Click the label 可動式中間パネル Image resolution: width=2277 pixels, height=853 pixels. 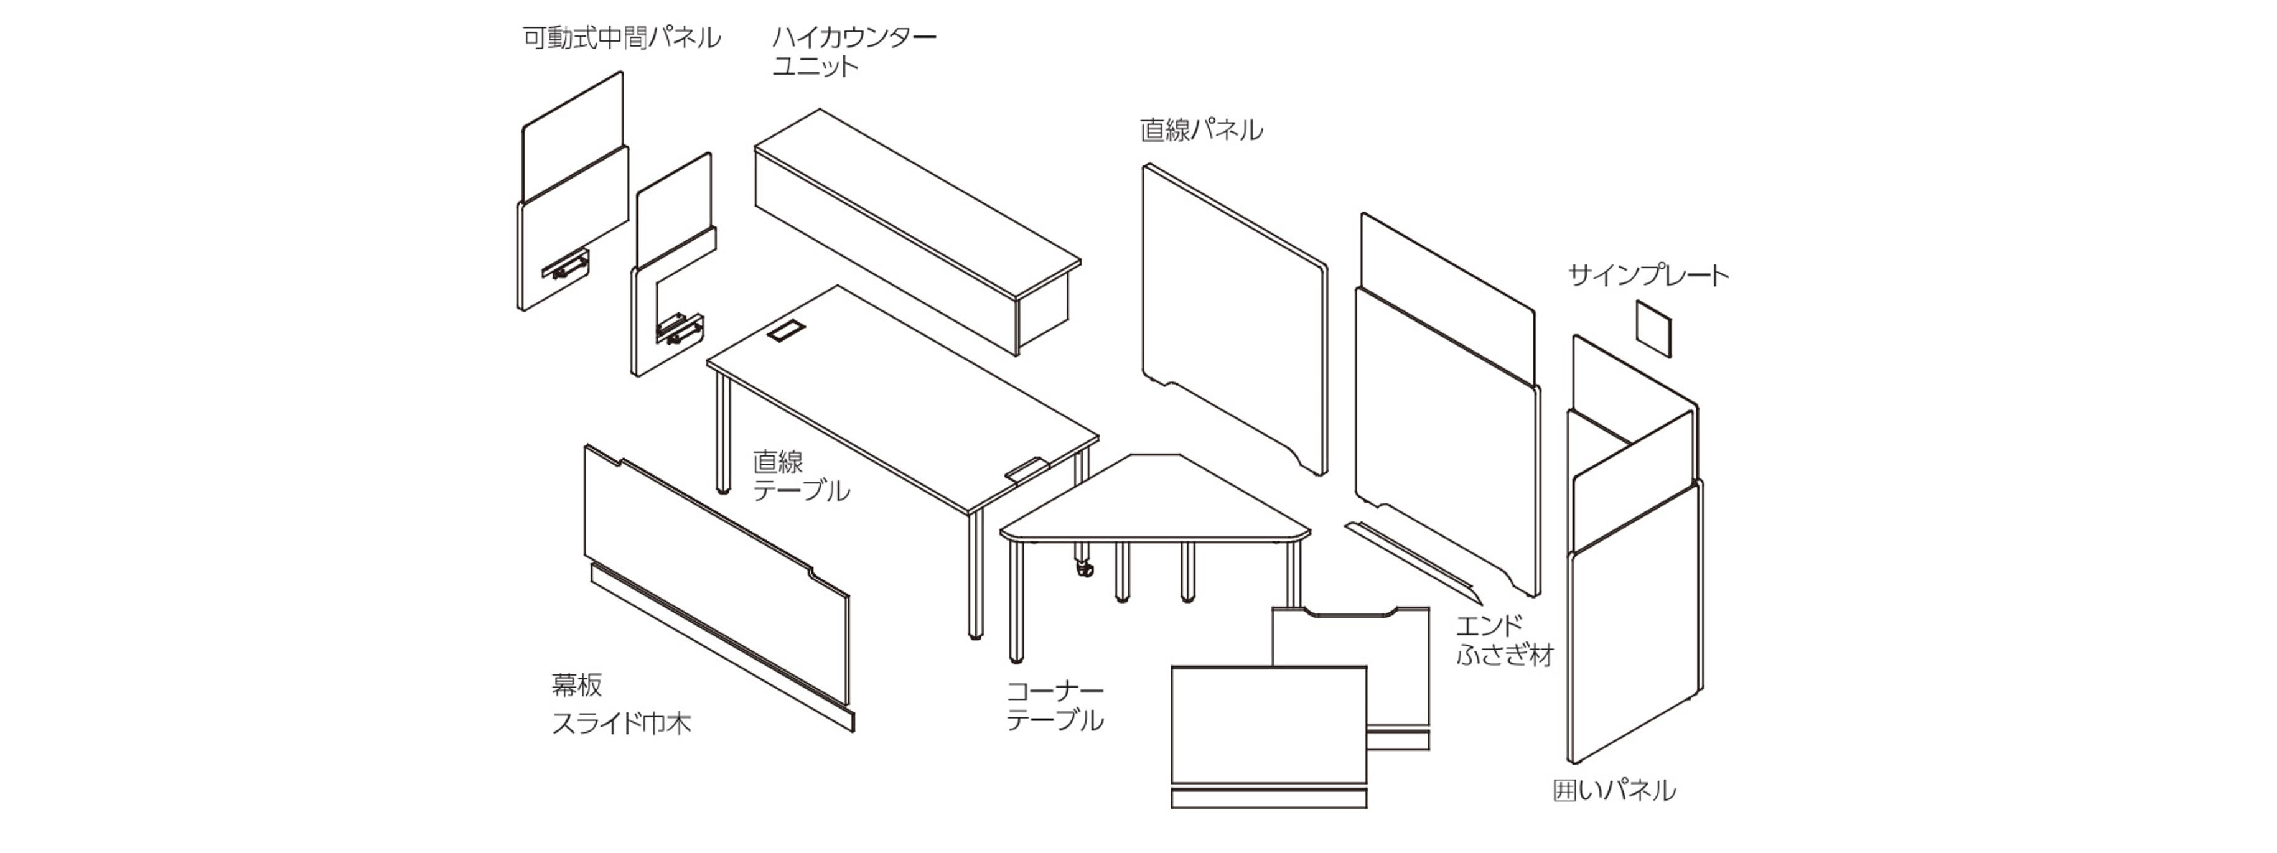click(x=622, y=38)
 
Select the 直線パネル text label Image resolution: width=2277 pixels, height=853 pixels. click(x=1200, y=131)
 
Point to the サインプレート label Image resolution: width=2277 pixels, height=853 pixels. click(x=1648, y=276)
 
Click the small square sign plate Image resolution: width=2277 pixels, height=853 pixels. click(x=1653, y=328)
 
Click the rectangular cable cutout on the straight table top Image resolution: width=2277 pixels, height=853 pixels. click(x=785, y=332)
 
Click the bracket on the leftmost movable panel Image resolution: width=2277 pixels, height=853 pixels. click(x=564, y=265)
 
